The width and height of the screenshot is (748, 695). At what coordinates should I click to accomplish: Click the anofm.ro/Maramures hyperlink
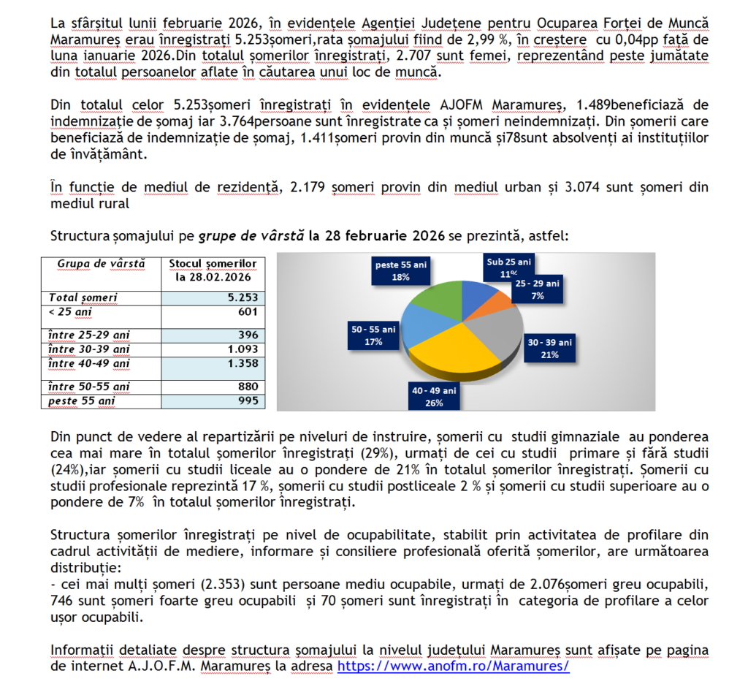452,667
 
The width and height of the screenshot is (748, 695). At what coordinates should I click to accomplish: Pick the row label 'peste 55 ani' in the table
76,400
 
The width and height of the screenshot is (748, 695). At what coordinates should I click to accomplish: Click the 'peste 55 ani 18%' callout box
401,270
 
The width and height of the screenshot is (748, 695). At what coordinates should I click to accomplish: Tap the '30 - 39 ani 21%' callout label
551,348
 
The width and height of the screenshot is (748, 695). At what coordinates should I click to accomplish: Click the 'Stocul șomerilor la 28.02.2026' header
212,270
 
